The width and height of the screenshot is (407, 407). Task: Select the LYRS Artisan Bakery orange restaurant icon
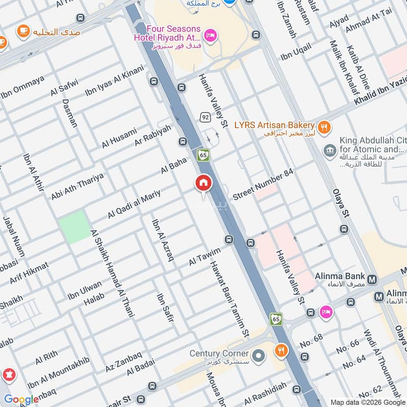click(x=323, y=126)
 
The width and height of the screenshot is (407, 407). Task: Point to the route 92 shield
click(x=205, y=117)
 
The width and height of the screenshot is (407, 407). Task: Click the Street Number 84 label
click(x=263, y=185)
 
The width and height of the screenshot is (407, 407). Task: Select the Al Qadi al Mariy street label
click(x=134, y=204)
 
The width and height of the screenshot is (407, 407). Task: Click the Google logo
click(x=21, y=399)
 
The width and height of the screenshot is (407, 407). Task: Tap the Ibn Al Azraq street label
click(x=162, y=240)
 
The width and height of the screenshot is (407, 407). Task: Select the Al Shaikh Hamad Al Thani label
click(x=112, y=273)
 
